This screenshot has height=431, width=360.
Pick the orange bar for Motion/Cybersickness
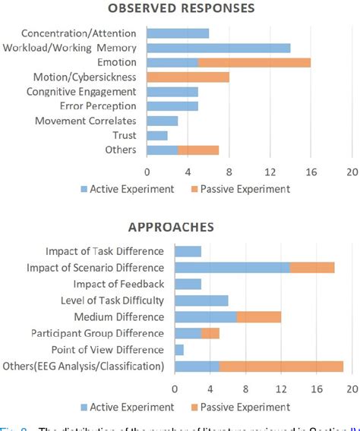[x=188, y=77]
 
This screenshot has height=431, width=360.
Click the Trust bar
[x=157, y=135]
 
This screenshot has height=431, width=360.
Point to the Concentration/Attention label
[x=79, y=33]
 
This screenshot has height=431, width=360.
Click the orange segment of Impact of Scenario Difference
[x=312, y=267]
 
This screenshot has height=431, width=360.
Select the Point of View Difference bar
[x=179, y=350]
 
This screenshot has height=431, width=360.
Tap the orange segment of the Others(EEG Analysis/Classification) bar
[x=281, y=367]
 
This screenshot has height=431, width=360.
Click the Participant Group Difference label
[x=97, y=333]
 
